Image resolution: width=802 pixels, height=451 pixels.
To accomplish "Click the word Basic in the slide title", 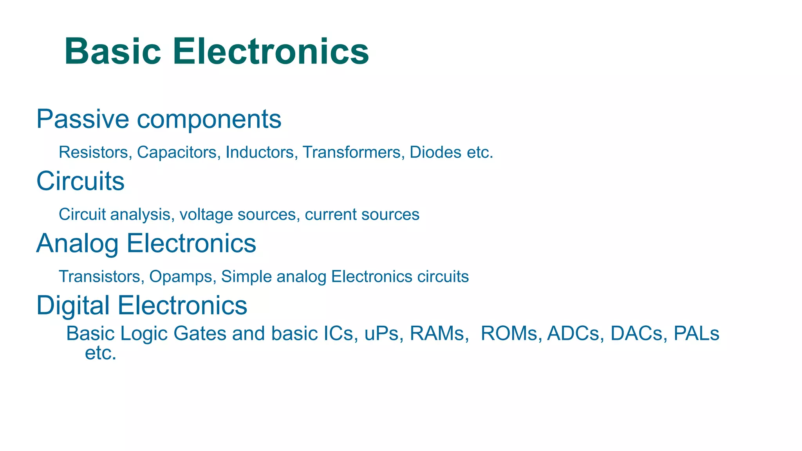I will click(113, 51).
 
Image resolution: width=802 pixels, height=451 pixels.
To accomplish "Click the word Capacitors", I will click(177, 152).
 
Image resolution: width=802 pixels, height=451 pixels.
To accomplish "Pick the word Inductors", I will click(260, 152).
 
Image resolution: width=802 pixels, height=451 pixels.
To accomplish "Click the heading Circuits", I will click(80, 181).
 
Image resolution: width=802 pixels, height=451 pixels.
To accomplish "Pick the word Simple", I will click(247, 277).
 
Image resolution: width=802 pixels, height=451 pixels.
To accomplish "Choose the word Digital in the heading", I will click(73, 305).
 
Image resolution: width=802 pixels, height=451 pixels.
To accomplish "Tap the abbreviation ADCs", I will click(573, 334).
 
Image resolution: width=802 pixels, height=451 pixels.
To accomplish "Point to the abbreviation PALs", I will click(696, 334).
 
